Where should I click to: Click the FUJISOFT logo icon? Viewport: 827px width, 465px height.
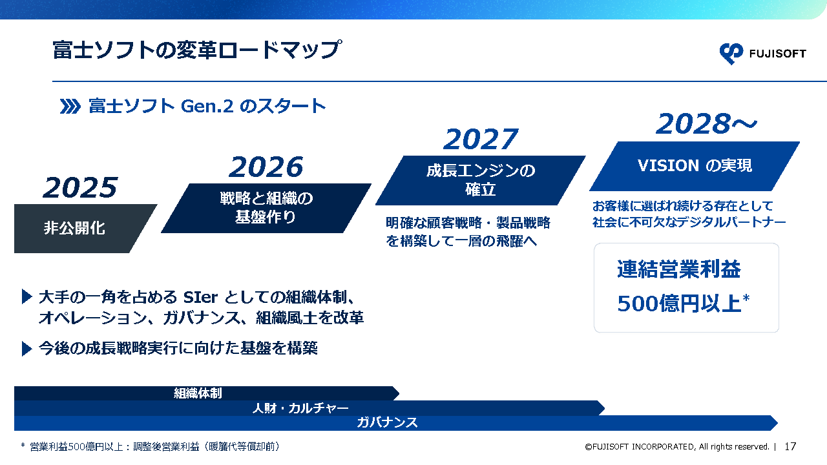(x=731, y=54)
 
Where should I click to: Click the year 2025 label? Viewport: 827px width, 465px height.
(x=80, y=187)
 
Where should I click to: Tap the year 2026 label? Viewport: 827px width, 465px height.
(x=266, y=167)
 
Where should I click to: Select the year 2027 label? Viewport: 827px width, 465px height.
(x=481, y=139)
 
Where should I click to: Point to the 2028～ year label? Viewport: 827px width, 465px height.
(x=706, y=123)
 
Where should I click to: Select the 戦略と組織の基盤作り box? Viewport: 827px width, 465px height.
(x=266, y=208)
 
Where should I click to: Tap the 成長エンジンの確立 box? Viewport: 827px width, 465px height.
(x=481, y=180)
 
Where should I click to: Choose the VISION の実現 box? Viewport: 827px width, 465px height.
(x=695, y=166)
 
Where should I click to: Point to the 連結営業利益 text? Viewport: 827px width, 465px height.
(x=679, y=269)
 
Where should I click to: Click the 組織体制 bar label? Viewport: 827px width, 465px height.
(x=198, y=393)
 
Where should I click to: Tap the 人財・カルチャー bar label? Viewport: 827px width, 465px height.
(x=300, y=408)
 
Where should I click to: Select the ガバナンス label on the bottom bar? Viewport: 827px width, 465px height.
(x=387, y=422)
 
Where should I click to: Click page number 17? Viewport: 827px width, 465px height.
(x=790, y=446)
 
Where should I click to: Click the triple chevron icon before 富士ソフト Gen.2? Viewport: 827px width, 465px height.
(x=70, y=107)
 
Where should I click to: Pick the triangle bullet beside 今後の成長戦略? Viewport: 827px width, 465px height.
(x=27, y=348)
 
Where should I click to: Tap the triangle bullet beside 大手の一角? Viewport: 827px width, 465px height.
(x=27, y=296)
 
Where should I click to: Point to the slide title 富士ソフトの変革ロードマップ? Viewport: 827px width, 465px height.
(x=197, y=50)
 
